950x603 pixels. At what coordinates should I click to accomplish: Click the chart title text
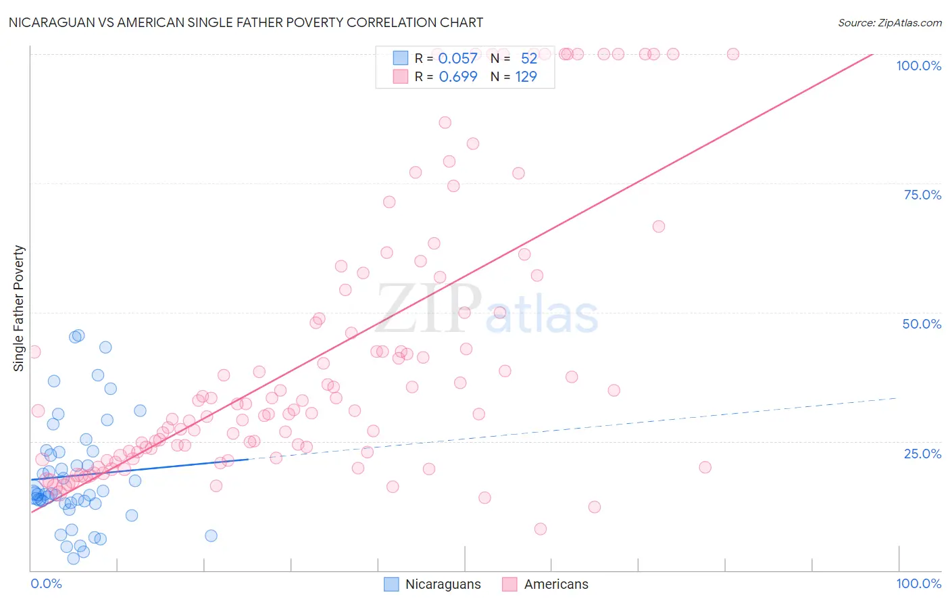246,22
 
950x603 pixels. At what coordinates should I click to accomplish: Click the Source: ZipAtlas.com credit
889,22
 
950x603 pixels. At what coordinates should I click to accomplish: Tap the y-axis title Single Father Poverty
19,308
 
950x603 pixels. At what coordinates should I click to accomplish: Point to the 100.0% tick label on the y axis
918,66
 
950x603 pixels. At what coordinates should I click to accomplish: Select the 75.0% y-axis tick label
922,195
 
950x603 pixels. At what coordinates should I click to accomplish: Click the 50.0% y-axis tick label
922,324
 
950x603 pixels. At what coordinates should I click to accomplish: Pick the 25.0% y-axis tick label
922,454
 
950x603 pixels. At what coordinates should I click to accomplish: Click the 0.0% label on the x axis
46,583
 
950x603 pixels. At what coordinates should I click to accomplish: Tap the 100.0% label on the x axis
918,583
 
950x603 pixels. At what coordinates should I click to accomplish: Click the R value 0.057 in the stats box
457,59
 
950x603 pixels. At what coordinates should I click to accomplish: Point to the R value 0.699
457,77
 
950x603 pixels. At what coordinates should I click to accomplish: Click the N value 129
526,77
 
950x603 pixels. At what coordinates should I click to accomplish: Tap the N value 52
528,59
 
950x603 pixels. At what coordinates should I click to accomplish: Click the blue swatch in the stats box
401,58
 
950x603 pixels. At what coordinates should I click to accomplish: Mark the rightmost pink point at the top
732,54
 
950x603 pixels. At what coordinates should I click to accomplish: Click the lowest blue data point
74,558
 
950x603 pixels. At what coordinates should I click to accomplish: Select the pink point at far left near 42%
34,352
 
